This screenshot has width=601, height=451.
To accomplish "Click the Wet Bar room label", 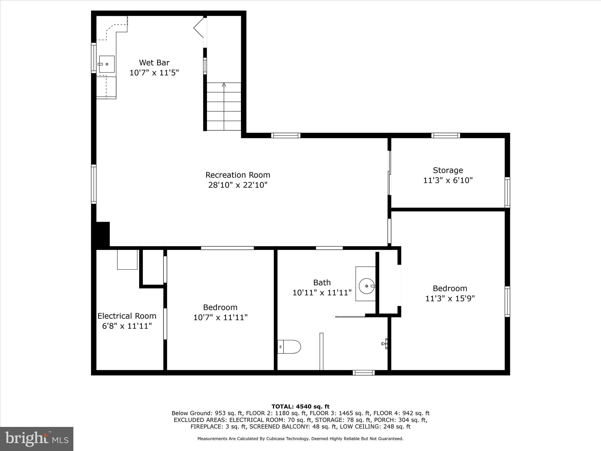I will (x=154, y=63).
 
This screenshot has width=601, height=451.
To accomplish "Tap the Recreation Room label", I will (x=238, y=175).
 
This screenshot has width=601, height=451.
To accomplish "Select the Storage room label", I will (x=448, y=170).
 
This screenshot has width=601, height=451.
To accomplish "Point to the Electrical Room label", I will (x=127, y=316).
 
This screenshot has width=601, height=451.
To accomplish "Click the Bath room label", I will (x=322, y=282).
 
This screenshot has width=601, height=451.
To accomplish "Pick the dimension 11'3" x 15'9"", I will (x=450, y=298).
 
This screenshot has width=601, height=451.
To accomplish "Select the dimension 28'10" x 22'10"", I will (x=238, y=185).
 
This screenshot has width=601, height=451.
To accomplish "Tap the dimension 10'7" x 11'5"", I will (x=154, y=73).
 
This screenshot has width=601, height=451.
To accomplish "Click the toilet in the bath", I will (x=289, y=347).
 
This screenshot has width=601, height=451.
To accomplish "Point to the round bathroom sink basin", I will (x=367, y=286).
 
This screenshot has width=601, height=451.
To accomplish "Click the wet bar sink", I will (x=107, y=64).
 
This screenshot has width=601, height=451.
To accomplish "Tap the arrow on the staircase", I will (x=224, y=85).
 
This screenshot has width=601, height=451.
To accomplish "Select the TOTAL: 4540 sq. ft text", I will (x=300, y=407).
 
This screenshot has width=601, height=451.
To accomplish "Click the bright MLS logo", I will (x=37, y=439).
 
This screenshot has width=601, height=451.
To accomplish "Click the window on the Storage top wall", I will (x=445, y=135).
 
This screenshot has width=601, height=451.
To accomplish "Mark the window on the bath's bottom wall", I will (x=364, y=373).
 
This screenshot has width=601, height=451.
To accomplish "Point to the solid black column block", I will (x=103, y=234).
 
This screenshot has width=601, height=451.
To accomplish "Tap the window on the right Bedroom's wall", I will (x=507, y=302).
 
